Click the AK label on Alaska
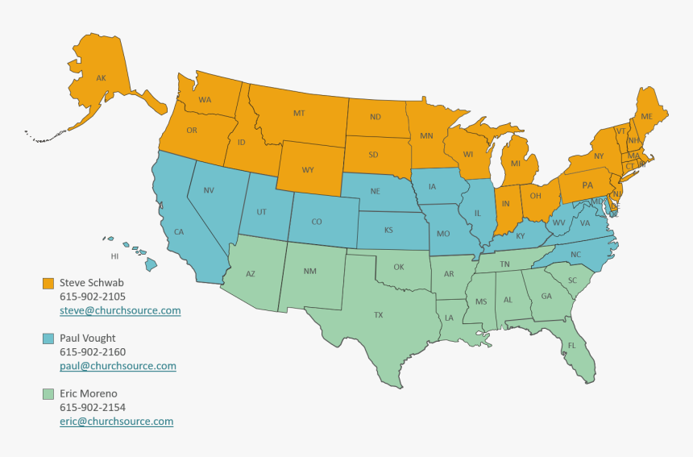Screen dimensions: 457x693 click(101, 78)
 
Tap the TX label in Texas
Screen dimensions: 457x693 click(378, 315)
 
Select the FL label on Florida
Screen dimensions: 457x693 click(571, 345)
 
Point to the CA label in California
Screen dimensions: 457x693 click(179, 232)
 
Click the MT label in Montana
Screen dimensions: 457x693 click(299, 114)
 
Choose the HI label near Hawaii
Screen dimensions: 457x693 click(114, 256)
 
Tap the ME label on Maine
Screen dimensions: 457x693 click(646, 117)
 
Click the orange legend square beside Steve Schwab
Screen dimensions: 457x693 click(48, 284)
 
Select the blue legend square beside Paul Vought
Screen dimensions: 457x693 click(48, 339)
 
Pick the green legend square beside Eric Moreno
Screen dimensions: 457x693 click(48, 394)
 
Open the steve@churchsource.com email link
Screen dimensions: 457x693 click(120, 310)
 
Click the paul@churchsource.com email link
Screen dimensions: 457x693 click(118, 366)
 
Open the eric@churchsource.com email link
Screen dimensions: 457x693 click(116, 422)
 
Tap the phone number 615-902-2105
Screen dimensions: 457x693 click(93, 297)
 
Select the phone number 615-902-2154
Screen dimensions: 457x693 click(93, 408)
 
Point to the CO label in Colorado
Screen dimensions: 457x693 click(317, 222)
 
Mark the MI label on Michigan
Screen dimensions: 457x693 click(514, 164)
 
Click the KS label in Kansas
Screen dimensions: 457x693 click(388, 230)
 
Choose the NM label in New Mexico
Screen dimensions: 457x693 click(309, 272)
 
